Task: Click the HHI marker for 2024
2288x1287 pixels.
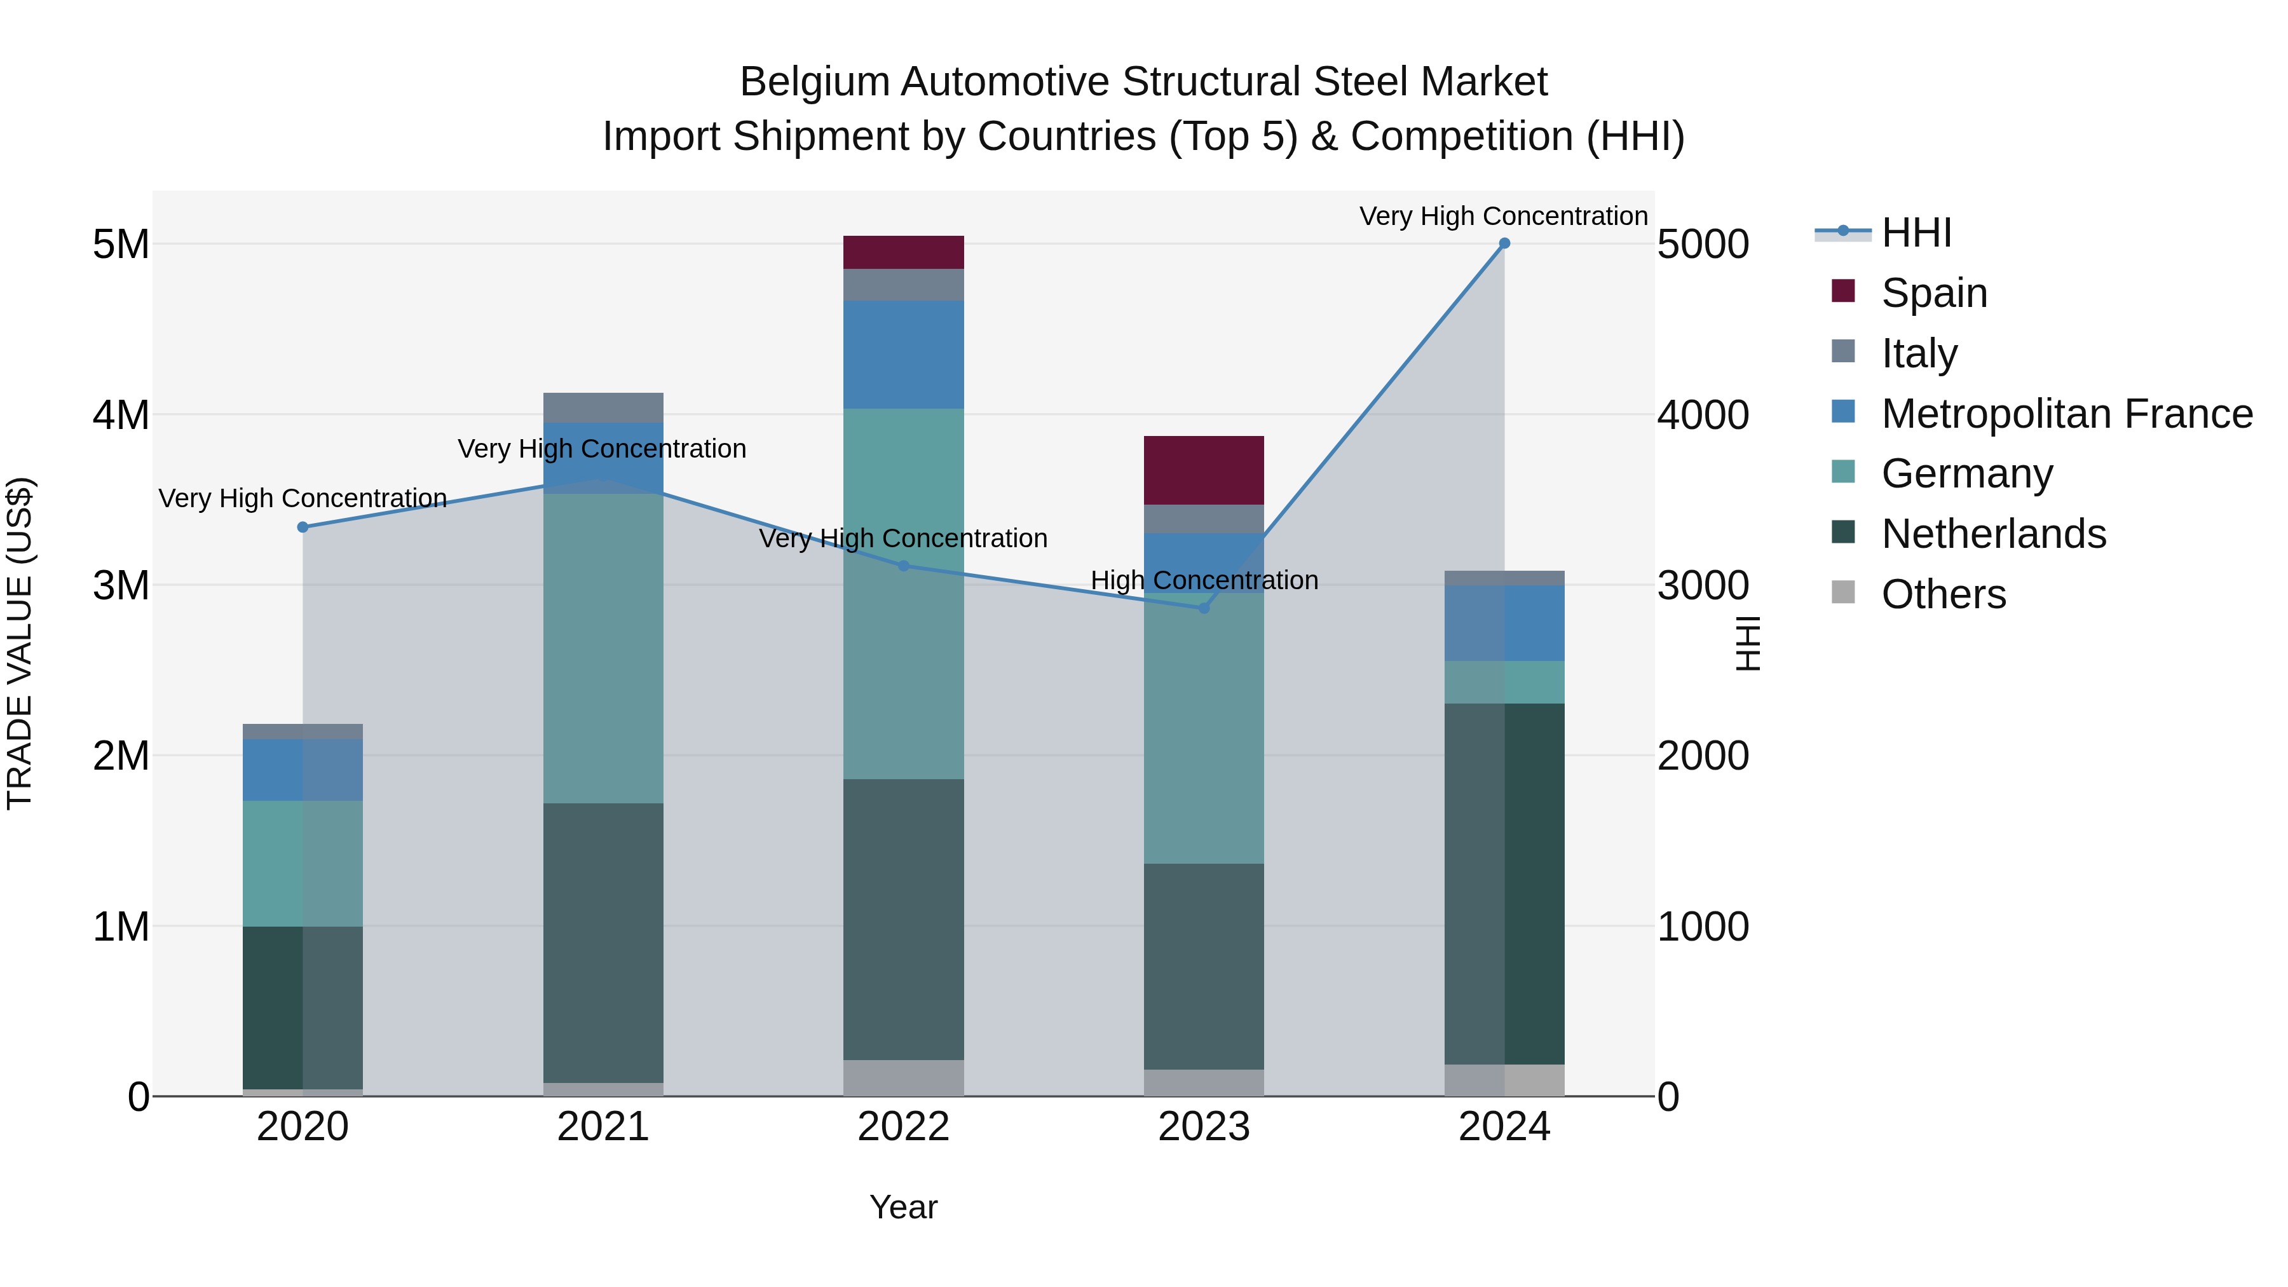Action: [x=1504, y=243]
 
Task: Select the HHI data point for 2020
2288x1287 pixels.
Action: [x=303, y=527]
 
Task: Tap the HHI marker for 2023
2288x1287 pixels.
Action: [x=1204, y=608]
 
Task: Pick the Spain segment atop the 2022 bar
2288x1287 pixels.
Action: [x=903, y=252]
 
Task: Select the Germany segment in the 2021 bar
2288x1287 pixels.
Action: [x=603, y=648]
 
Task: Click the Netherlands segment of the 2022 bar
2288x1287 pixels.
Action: [x=903, y=919]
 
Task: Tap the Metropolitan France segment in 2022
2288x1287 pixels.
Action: [x=903, y=355]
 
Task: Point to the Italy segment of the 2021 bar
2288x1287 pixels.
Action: [x=603, y=407]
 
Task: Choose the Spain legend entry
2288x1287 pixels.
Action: [x=1933, y=292]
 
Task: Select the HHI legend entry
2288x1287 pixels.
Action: [x=1916, y=233]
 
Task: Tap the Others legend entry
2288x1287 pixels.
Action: [x=1942, y=594]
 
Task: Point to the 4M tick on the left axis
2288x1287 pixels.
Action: [x=121, y=415]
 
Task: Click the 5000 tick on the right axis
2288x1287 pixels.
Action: [x=1703, y=244]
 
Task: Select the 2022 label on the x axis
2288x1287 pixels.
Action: [x=903, y=1127]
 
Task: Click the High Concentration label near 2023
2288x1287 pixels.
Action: [x=1204, y=580]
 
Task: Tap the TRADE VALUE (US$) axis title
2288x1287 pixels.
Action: [x=20, y=643]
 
